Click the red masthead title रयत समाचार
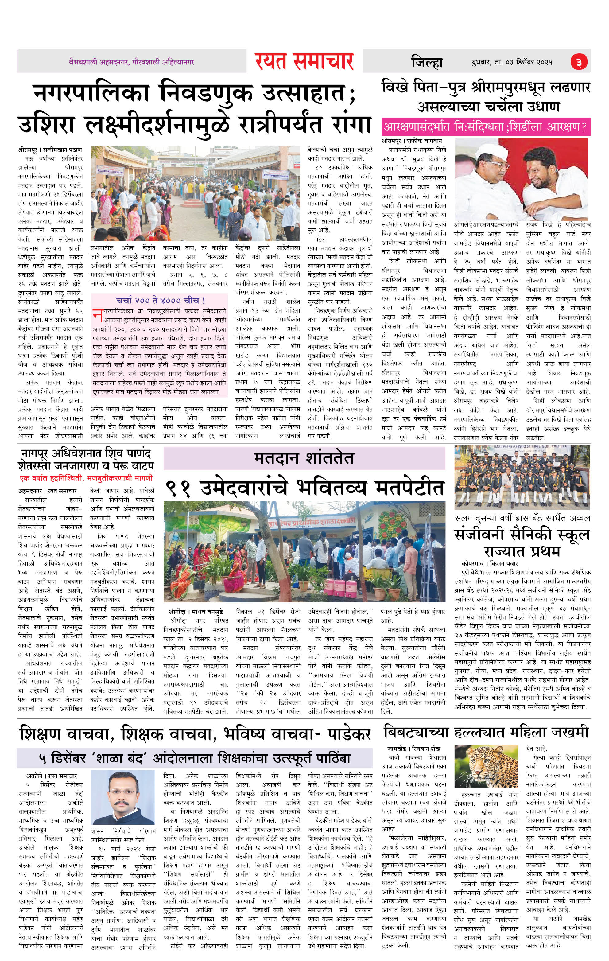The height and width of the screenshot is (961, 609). click(304, 61)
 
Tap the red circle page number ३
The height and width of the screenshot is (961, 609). click(579, 62)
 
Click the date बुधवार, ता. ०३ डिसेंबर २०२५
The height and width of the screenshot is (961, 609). click(512, 62)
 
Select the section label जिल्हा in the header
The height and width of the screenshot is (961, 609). click(427, 63)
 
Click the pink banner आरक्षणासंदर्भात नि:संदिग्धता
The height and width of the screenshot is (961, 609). click(485, 127)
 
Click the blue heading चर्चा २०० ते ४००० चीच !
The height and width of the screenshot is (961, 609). click(161, 300)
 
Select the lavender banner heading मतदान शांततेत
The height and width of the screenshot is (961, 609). click(304, 458)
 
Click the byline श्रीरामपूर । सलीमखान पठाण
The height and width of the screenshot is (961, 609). click(50, 150)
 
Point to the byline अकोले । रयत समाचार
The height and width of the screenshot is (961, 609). click(52, 776)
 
